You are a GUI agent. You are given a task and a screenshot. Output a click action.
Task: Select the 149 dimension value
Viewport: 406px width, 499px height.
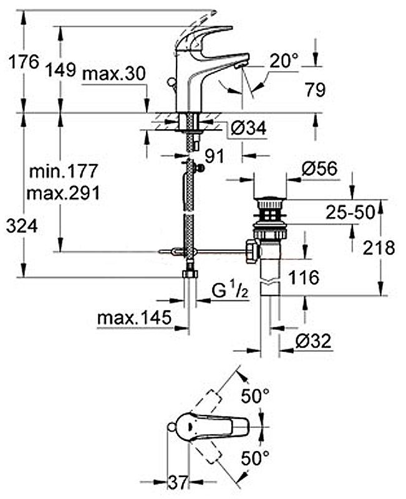point(62,68)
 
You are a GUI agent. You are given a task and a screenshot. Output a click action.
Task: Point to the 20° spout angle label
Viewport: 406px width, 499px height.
point(284,61)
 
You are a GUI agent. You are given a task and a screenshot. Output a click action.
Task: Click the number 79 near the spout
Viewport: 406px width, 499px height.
point(315,90)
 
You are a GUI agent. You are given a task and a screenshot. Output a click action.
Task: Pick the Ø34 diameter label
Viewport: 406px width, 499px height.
point(248,128)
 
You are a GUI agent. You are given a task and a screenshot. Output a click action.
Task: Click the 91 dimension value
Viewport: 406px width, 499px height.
point(214,156)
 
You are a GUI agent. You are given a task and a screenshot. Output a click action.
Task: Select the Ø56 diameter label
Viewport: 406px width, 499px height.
point(319,168)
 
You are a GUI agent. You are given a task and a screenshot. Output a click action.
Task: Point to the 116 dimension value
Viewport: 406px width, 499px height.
point(304,276)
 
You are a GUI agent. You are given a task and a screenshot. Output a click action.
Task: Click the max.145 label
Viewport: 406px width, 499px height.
point(134,318)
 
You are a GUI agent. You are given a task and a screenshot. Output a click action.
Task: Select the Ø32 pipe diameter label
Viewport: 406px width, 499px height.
point(312,341)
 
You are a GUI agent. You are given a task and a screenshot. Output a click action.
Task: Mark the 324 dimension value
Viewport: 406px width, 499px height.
point(22,226)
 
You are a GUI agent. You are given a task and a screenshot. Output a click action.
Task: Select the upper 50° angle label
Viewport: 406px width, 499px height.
point(256,395)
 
